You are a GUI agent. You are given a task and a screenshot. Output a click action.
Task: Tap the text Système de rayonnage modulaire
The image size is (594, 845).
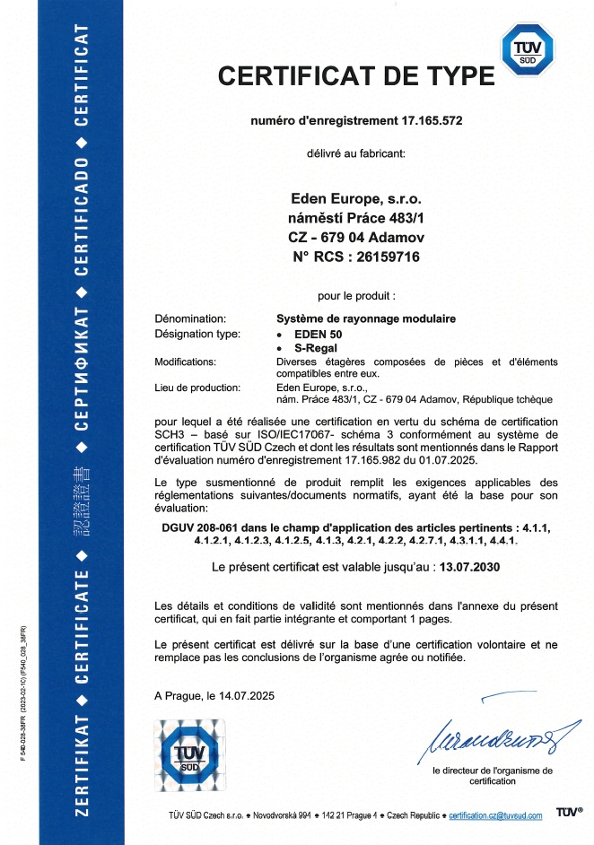366,318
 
